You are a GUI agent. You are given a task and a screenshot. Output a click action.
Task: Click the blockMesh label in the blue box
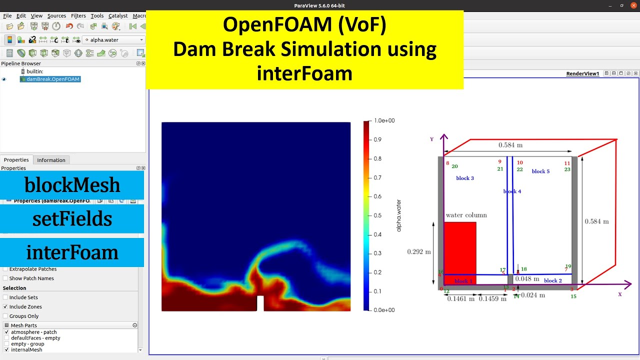(x=72, y=185)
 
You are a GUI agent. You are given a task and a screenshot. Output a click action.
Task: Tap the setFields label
(x=72, y=219)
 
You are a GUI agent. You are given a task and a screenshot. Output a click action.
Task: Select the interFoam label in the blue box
(x=72, y=252)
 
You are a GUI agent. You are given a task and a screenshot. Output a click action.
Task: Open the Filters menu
(x=78, y=15)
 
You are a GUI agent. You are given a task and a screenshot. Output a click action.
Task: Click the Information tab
(x=51, y=160)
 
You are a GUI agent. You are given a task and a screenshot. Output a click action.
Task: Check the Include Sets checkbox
(x=5, y=297)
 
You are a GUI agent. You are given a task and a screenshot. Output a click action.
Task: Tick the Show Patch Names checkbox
(x=5, y=278)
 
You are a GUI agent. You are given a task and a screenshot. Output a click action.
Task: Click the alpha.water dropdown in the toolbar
(x=113, y=40)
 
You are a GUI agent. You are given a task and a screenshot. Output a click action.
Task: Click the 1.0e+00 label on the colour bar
(x=384, y=121)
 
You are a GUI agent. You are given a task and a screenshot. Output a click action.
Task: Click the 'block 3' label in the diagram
(x=465, y=178)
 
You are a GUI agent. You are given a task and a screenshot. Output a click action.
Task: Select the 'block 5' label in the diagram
(x=540, y=171)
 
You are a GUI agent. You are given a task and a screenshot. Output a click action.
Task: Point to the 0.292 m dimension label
(x=419, y=251)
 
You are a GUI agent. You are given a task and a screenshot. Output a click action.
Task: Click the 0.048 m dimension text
(x=527, y=278)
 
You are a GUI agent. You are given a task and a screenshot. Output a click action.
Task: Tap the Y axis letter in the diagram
(x=432, y=139)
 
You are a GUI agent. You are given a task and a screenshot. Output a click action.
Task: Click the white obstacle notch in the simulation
(x=260, y=303)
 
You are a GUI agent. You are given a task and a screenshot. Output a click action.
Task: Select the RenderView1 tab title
(x=582, y=73)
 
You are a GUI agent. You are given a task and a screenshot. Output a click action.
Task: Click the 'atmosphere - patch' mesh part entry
(x=33, y=332)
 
